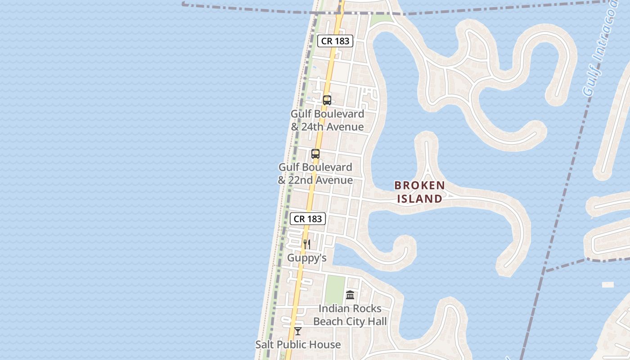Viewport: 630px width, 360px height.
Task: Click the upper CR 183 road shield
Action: (x=335, y=41)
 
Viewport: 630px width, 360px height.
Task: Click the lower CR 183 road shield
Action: (x=308, y=219)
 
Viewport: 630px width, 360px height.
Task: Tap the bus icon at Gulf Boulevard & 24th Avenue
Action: (x=327, y=100)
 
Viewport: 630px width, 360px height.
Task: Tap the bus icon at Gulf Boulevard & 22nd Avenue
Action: (x=315, y=154)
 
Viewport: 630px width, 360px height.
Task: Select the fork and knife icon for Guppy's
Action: (x=306, y=244)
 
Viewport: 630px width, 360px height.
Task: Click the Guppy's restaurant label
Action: (x=307, y=258)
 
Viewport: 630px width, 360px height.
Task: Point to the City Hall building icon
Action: (x=350, y=295)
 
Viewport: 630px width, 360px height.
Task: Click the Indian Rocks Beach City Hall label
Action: (x=350, y=315)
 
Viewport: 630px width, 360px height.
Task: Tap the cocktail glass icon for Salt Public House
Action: (x=298, y=331)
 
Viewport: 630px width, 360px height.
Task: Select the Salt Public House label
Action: (x=298, y=345)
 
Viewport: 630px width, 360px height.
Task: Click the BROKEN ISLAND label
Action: (x=419, y=192)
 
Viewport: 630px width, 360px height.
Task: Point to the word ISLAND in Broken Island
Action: (x=419, y=198)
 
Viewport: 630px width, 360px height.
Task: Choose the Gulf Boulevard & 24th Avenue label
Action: (x=327, y=120)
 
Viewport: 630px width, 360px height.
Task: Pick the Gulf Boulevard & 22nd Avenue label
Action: (x=315, y=174)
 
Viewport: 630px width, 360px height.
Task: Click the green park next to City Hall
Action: (x=334, y=289)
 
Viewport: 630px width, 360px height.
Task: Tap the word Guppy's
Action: (x=307, y=258)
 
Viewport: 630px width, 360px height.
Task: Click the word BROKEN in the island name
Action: (x=419, y=185)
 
